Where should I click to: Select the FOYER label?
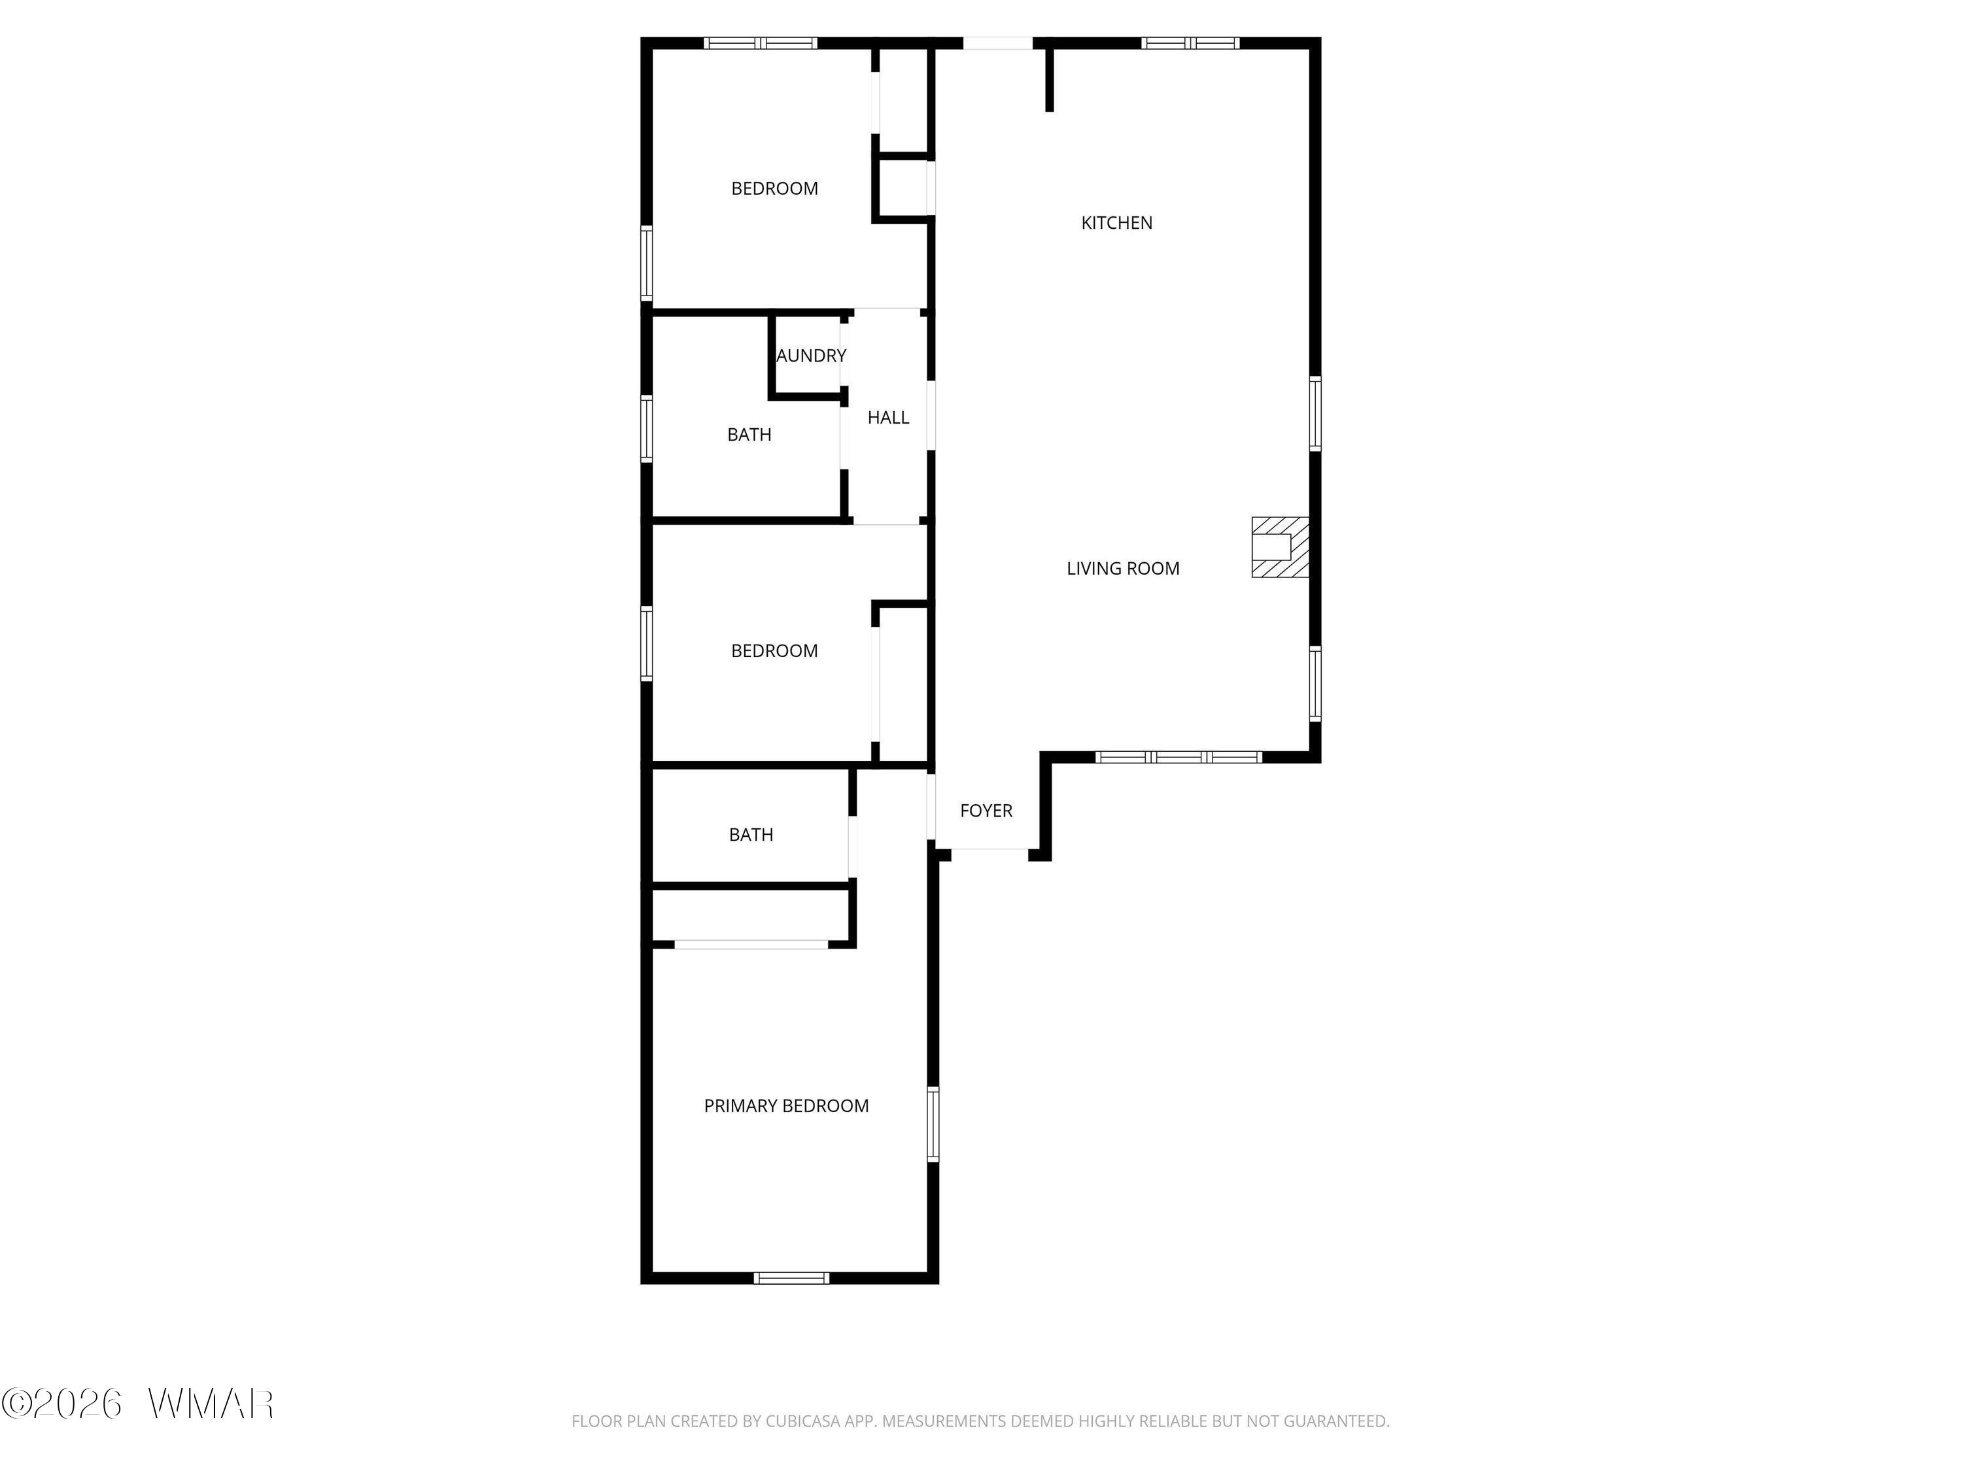coord(986,811)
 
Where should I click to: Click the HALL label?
coord(888,418)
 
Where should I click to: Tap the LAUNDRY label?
coord(811,356)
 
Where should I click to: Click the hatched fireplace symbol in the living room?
coord(1280,547)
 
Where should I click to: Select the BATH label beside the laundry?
coord(749,435)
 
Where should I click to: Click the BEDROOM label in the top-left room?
coord(774,189)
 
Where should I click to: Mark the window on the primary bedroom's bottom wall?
coord(792,1277)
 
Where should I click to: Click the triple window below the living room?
coord(1179,757)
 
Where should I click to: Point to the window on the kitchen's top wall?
coord(1190,42)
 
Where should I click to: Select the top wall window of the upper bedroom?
coord(760,42)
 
